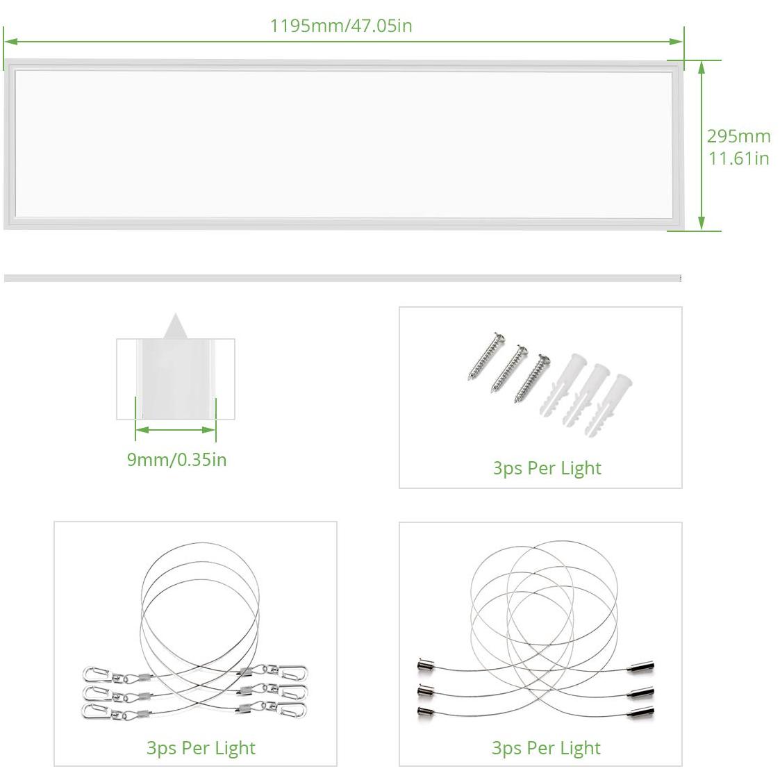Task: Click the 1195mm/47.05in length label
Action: (x=341, y=26)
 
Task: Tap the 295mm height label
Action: (x=739, y=136)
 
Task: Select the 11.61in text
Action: (x=739, y=158)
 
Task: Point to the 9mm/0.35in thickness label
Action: (x=176, y=460)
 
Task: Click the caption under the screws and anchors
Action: (x=547, y=469)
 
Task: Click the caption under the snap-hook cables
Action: (x=201, y=748)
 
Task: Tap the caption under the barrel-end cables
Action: (x=546, y=748)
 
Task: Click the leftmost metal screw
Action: (x=487, y=356)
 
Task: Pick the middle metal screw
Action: (x=509, y=368)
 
